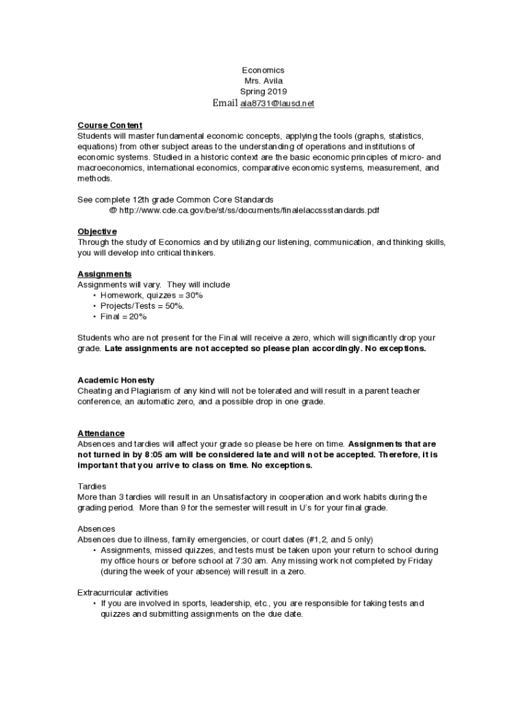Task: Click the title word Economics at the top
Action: (263, 71)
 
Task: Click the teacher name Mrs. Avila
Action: (263, 81)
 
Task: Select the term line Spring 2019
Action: (263, 92)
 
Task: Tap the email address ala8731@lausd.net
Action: (277, 103)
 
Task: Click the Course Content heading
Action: (110, 125)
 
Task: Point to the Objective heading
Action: (97, 231)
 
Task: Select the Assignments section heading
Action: (104, 274)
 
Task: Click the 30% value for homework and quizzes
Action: (194, 295)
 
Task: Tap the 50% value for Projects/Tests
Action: (174, 306)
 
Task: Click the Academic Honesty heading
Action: (116, 380)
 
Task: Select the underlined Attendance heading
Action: (101, 433)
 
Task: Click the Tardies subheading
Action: (92, 486)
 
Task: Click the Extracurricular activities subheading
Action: (123, 592)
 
